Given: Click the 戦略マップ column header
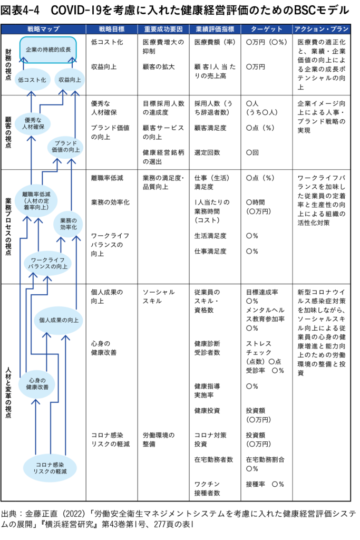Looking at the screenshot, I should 43,29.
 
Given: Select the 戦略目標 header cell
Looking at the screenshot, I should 112,29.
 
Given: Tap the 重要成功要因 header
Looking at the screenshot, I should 163,29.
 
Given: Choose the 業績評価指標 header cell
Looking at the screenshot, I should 215,29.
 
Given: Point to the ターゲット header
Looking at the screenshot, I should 267,29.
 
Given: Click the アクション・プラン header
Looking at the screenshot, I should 322,29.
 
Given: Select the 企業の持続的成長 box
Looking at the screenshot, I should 48,49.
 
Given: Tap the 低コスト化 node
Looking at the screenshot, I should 32,80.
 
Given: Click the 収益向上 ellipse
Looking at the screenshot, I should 70,80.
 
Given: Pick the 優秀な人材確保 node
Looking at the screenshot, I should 32,123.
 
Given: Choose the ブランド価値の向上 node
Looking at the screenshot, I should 65,147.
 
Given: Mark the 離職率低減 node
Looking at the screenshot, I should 36,201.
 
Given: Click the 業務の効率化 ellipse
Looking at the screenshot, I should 68,224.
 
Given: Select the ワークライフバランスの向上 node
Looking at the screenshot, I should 47,263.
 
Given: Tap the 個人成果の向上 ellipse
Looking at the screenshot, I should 59,320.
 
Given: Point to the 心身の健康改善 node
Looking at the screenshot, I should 36,383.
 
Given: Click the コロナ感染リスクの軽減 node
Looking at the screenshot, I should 50,468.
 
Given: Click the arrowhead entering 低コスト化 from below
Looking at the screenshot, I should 31,94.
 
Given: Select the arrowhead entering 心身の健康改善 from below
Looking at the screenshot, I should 35,402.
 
